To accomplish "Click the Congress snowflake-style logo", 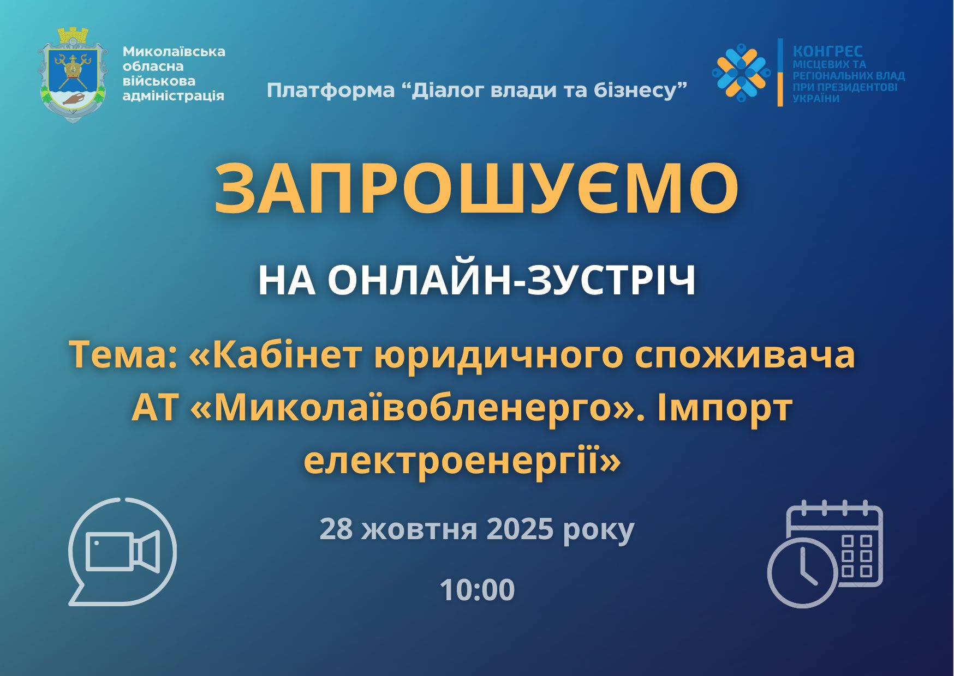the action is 741,72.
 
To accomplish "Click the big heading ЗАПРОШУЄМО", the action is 476,189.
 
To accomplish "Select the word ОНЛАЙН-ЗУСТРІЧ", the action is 512,281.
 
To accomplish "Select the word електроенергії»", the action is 463,461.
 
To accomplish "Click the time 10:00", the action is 477,590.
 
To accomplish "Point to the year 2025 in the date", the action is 520,529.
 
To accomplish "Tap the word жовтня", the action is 419,529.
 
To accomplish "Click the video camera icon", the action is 122,551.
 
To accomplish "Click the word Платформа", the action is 331,90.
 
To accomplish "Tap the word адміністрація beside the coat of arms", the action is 174,96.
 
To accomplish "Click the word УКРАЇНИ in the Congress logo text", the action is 816,99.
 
